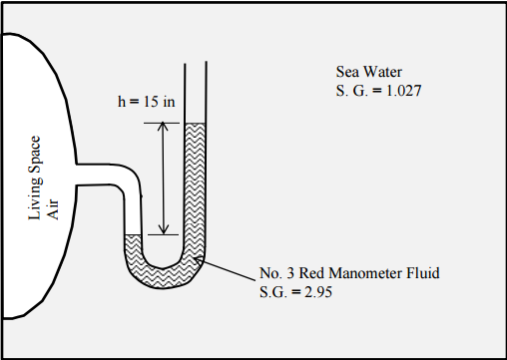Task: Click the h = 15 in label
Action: (x=145, y=103)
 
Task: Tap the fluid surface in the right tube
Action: (x=196, y=124)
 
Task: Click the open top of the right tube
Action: (x=196, y=64)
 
